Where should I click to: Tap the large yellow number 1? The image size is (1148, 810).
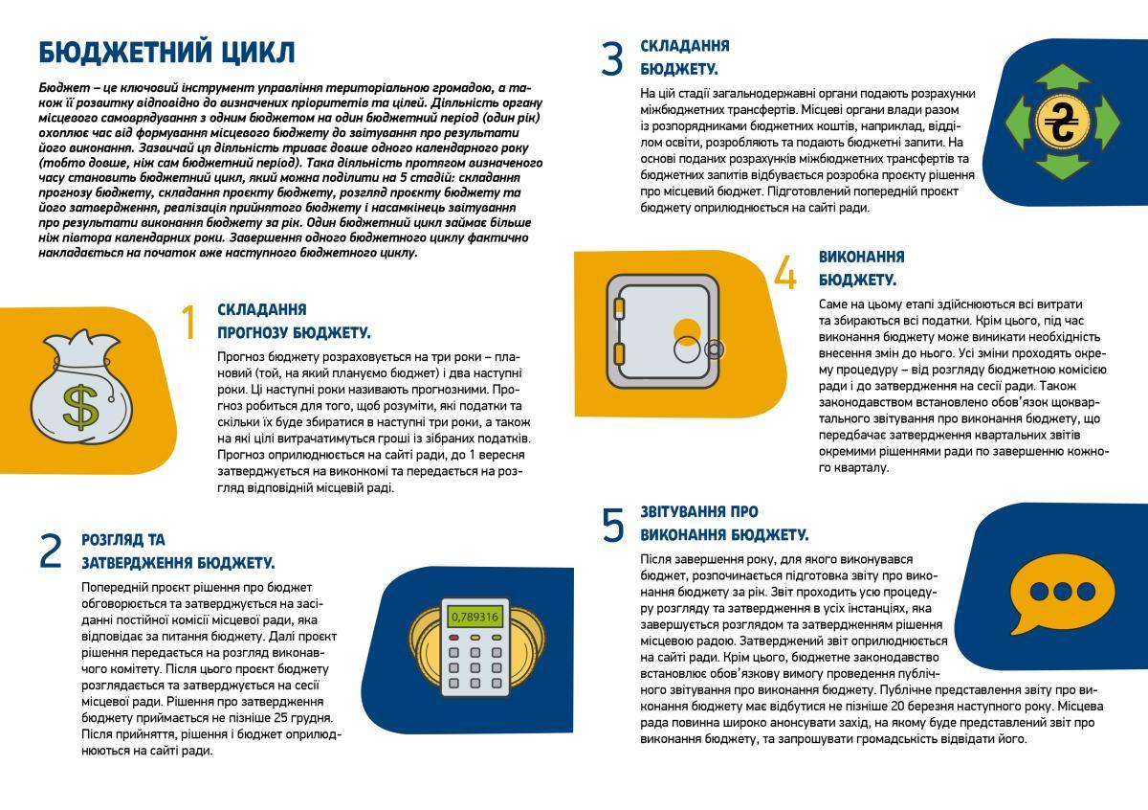pyautogui.click(x=189, y=323)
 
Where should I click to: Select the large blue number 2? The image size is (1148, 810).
pyautogui.click(x=51, y=551)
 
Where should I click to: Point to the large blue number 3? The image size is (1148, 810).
pyautogui.click(x=611, y=58)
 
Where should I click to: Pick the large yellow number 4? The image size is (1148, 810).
pyautogui.click(x=784, y=272)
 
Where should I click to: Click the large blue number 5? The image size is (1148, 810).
pyautogui.click(x=613, y=525)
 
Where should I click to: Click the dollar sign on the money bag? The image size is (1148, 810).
pyautogui.click(x=80, y=405)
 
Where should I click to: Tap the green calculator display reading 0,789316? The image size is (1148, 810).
pyautogui.click(x=475, y=617)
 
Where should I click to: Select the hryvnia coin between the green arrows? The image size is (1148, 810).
pyautogui.click(x=1062, y=123)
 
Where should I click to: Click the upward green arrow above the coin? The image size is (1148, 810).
pyautogui.click(x=1062, y=78)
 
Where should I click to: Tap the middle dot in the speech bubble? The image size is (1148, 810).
pyautogui.click(x=1062, y=591)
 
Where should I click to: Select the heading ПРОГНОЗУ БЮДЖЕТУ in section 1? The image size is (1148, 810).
pyautogui.click(x=294, y=333)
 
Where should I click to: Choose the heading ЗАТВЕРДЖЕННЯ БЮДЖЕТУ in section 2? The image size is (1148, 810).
pyautogui.click(x=178, y=563)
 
